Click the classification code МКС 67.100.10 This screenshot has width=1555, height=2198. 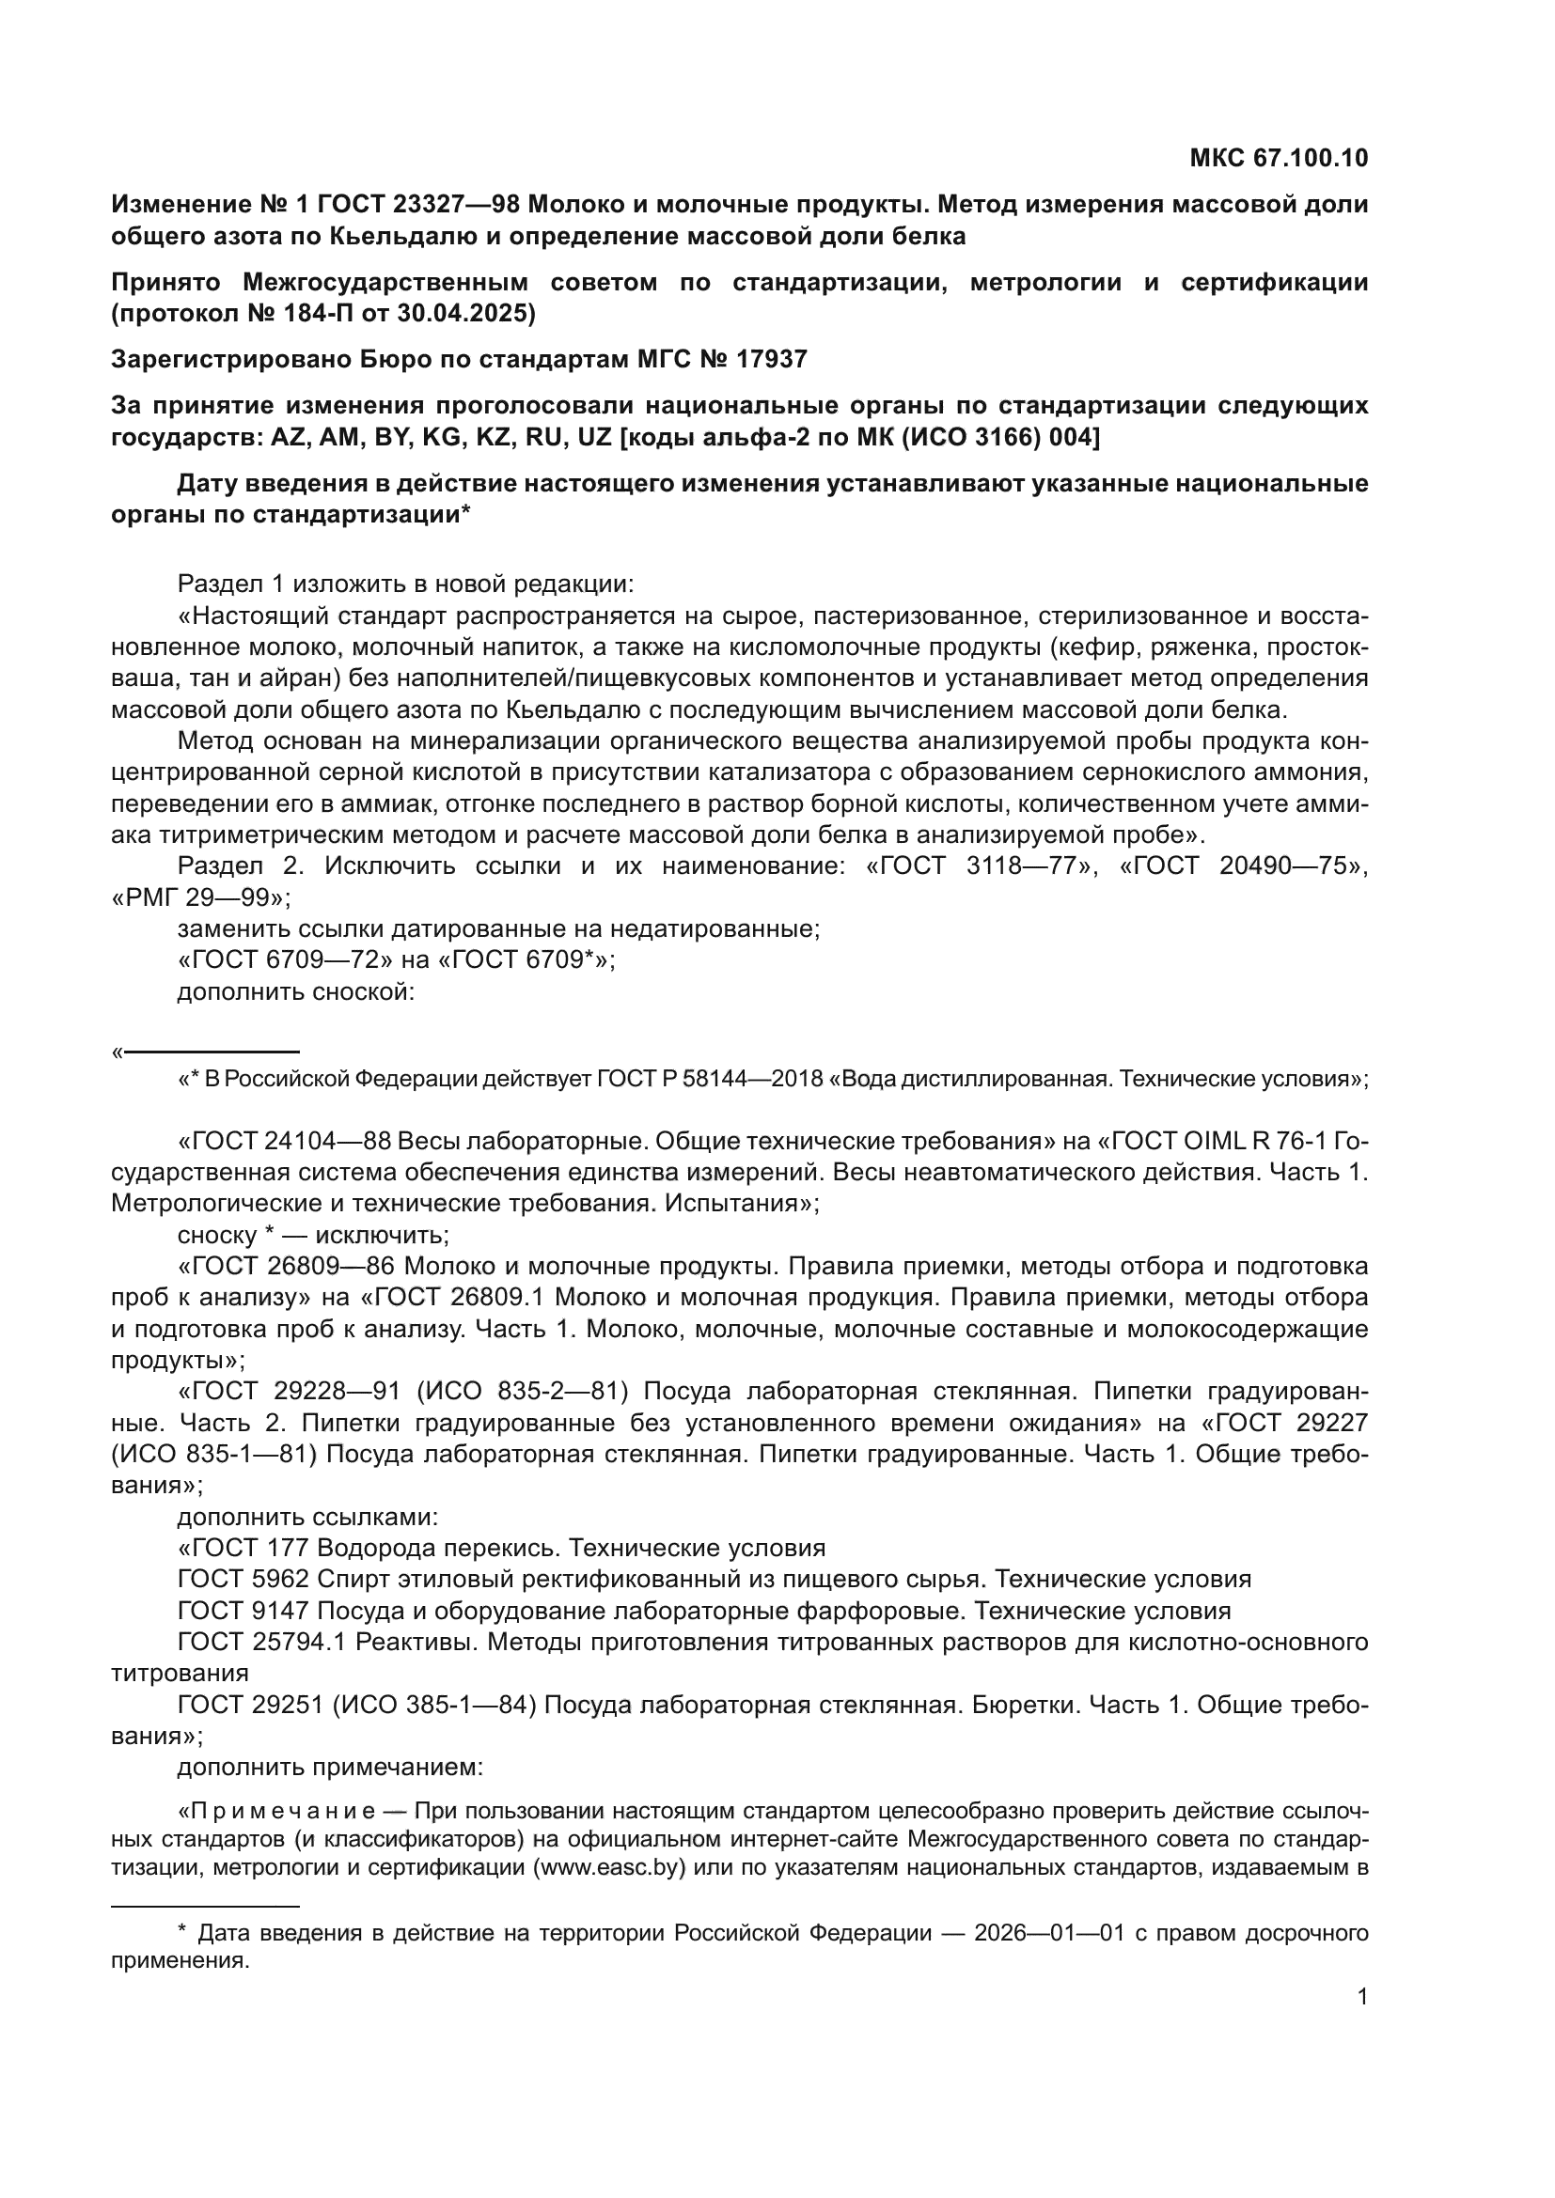(x=1279, y=159)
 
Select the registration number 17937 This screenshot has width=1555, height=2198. (x=772, y=359)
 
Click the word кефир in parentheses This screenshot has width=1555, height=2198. (x=1094, y=647)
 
